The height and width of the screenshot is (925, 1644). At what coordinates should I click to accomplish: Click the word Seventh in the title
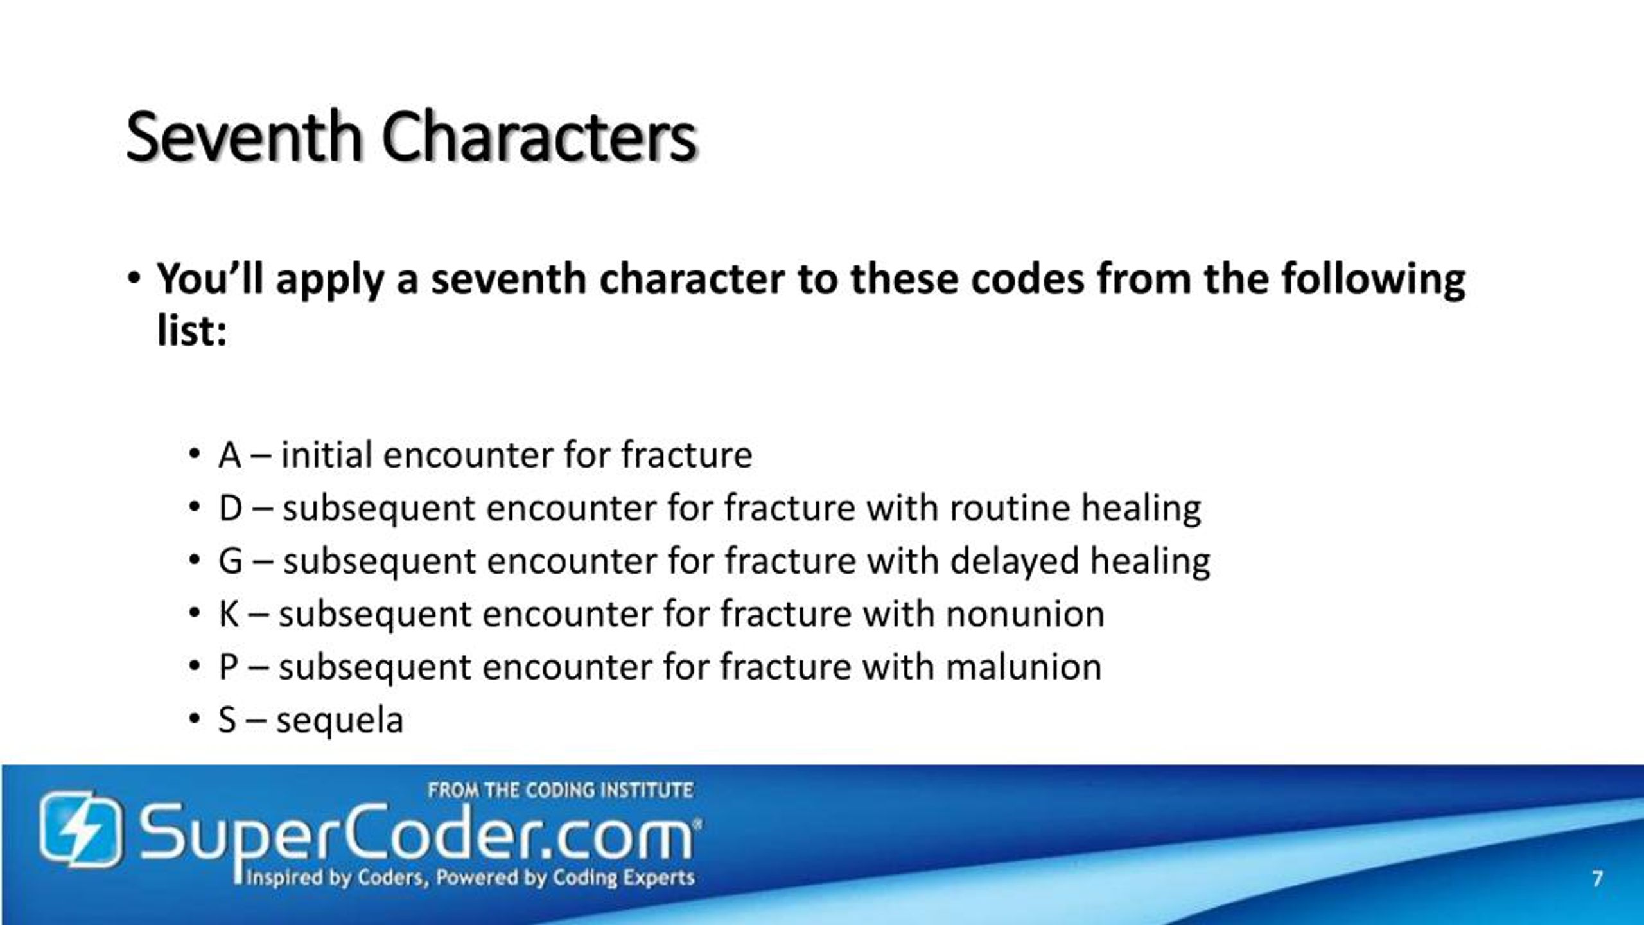point(244,137)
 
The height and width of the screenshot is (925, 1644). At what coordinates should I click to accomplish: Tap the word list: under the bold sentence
point(191,332)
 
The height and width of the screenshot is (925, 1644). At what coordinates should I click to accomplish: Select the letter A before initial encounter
point(229,455)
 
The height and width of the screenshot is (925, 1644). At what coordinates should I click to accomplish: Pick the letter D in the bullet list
point(230,508)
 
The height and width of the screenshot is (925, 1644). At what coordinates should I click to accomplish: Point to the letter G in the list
point(231,561)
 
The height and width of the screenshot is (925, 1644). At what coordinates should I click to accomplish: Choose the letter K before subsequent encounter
point(229,613)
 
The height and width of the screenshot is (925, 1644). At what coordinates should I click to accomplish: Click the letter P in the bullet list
point(229,667)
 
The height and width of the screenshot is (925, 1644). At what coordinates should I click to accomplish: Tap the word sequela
point(340,721)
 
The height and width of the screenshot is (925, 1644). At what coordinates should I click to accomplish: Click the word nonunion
point(1025,613)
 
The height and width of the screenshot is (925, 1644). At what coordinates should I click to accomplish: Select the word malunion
point(1024,667)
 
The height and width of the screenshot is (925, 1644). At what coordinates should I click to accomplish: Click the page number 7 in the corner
point(1597,878)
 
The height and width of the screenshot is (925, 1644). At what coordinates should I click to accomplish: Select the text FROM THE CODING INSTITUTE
point(560,790)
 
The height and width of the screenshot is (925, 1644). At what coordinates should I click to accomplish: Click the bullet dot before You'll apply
point(133,280)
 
